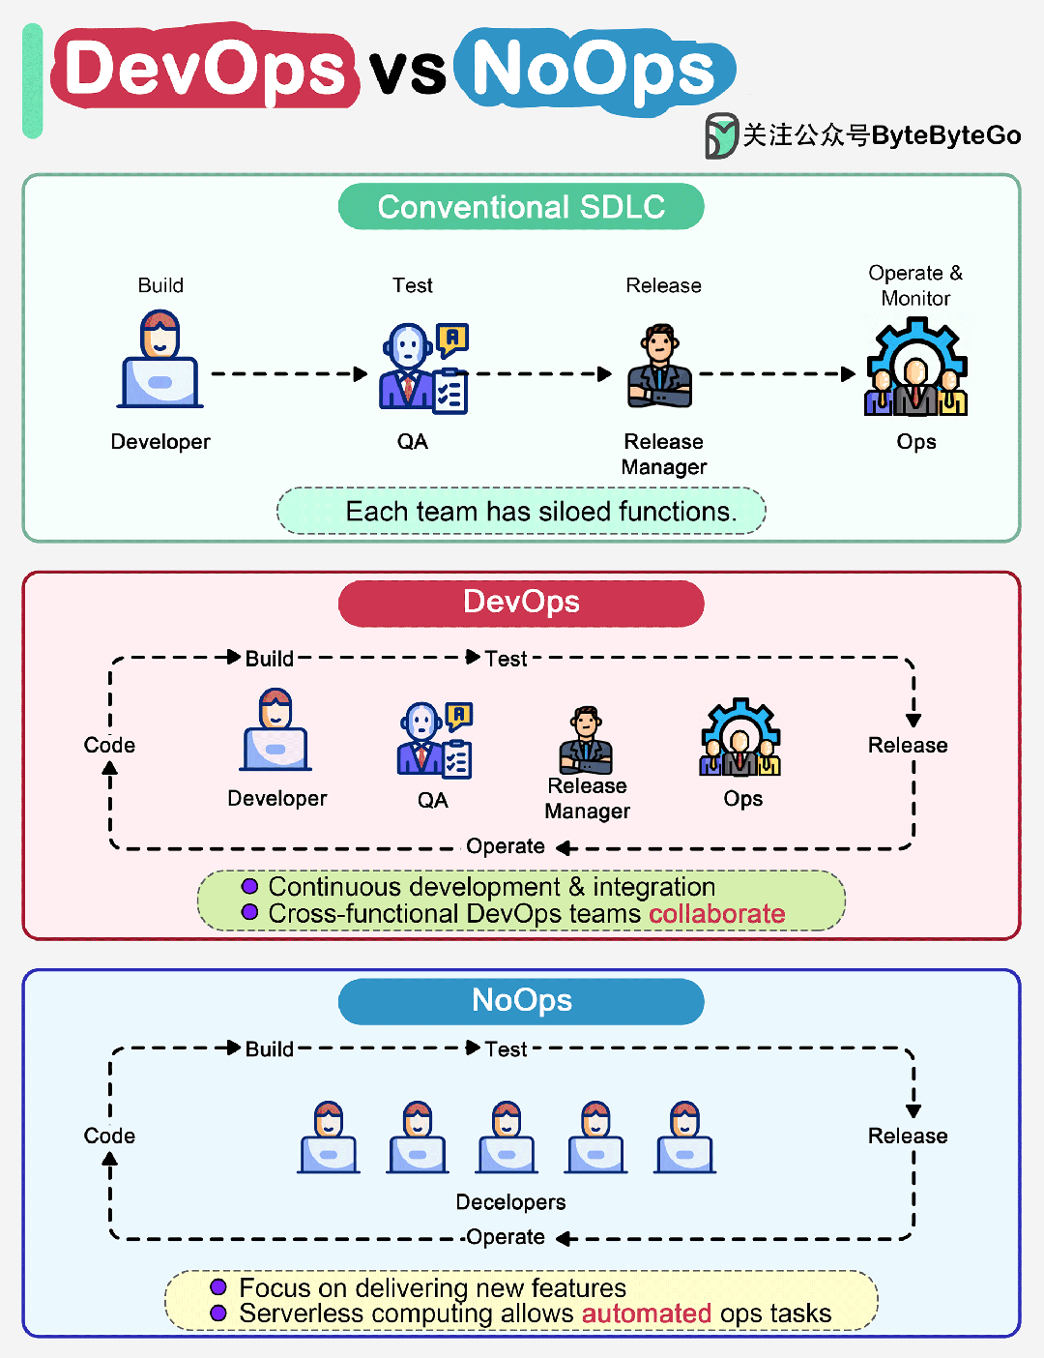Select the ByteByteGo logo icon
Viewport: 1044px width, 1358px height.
[720, 135]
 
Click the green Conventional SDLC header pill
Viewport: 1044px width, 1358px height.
[521, 207]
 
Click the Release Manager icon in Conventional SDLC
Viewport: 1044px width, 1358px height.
[661, 368]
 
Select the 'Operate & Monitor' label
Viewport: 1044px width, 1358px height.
[915, 285]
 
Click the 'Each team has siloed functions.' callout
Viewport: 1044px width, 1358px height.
[521, 511]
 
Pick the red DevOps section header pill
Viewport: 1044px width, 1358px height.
[521, 603]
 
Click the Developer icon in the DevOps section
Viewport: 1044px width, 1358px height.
[276, 731]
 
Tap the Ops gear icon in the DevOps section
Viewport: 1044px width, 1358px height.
[740, 739]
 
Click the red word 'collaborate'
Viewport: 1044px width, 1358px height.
[716, 914]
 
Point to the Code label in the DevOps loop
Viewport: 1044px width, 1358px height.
[109, 746]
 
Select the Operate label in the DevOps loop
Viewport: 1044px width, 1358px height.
[505, 846]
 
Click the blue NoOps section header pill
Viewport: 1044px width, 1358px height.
[521, 1001]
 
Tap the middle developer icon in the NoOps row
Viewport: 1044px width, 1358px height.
[507, 1137]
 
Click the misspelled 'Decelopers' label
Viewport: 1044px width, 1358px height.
[510, 1202]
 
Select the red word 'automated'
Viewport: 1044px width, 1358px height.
[647, 1314]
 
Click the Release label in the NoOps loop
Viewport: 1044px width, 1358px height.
[908, 1137]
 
